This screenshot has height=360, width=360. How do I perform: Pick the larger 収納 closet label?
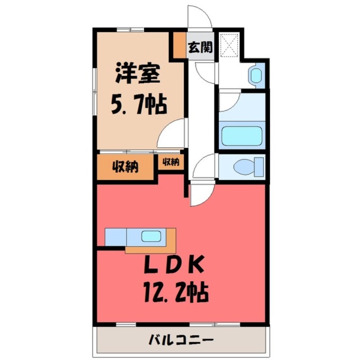tap(125, 167)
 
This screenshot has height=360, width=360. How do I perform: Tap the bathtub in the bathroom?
tap(242, 135)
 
